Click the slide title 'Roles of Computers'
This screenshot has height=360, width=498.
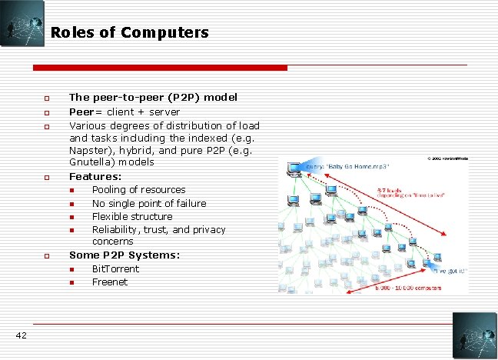click(129, 32)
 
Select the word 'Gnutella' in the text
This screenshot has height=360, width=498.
click(89, 162)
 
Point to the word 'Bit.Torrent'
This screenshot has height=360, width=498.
click(115, 268)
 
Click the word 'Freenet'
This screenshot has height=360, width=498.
click(110, 282)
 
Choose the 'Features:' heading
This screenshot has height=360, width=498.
click(95, 176)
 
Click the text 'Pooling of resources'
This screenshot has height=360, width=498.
click(138, 189)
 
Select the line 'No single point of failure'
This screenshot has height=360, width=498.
click(149, 203)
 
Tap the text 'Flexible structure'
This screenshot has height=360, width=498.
click(131, 216)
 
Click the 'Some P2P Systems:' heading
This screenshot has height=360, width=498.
click(124, 255)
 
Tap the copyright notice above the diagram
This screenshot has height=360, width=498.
click(450, 158)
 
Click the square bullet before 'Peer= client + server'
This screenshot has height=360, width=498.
click(46, 112)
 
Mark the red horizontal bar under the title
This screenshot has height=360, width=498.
click(161, 68)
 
